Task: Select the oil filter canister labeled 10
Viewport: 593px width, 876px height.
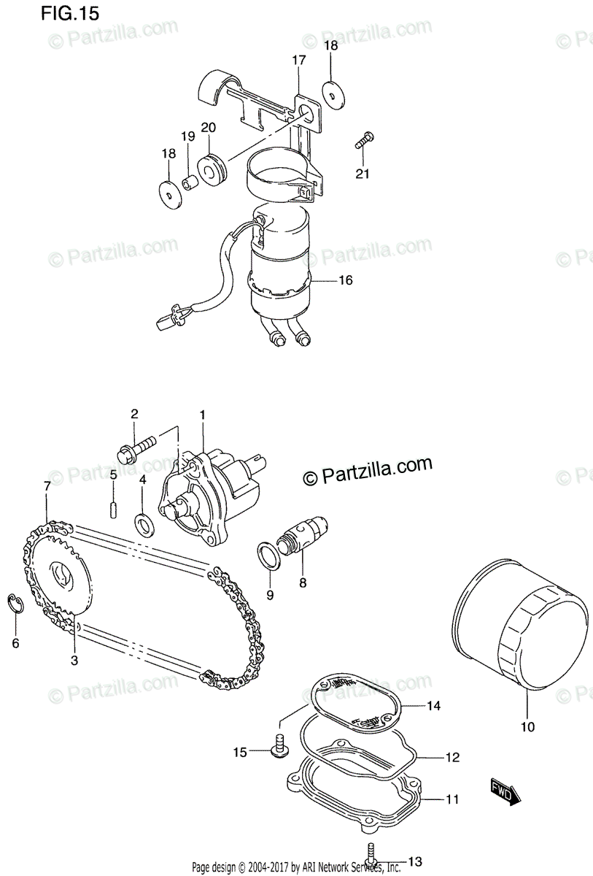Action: pyautogui.click(x=521, y=627)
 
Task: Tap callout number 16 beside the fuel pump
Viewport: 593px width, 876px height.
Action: pyautogui.click(x=346, y=280)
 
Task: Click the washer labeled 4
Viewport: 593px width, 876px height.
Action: pyautogui.click(x=143, y=521)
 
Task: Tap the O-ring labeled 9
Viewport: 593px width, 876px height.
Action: pyautogui.click(x=268, y=554)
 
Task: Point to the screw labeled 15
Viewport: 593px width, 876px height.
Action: pyautogui.click(x=278, y=747)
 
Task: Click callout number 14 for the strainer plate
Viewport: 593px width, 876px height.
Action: pyautogui.click(x=434, y=706)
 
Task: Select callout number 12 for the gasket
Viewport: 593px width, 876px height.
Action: pyautogui.click(x=452, y=758)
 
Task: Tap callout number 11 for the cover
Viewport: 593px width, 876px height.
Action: pyautogui.click(x=452, y=799)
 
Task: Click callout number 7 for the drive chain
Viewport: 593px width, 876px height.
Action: pyautogui.click(x=47, y=485)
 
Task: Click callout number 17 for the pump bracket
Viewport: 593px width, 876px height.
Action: pyautogui.click(x=299, y=60)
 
